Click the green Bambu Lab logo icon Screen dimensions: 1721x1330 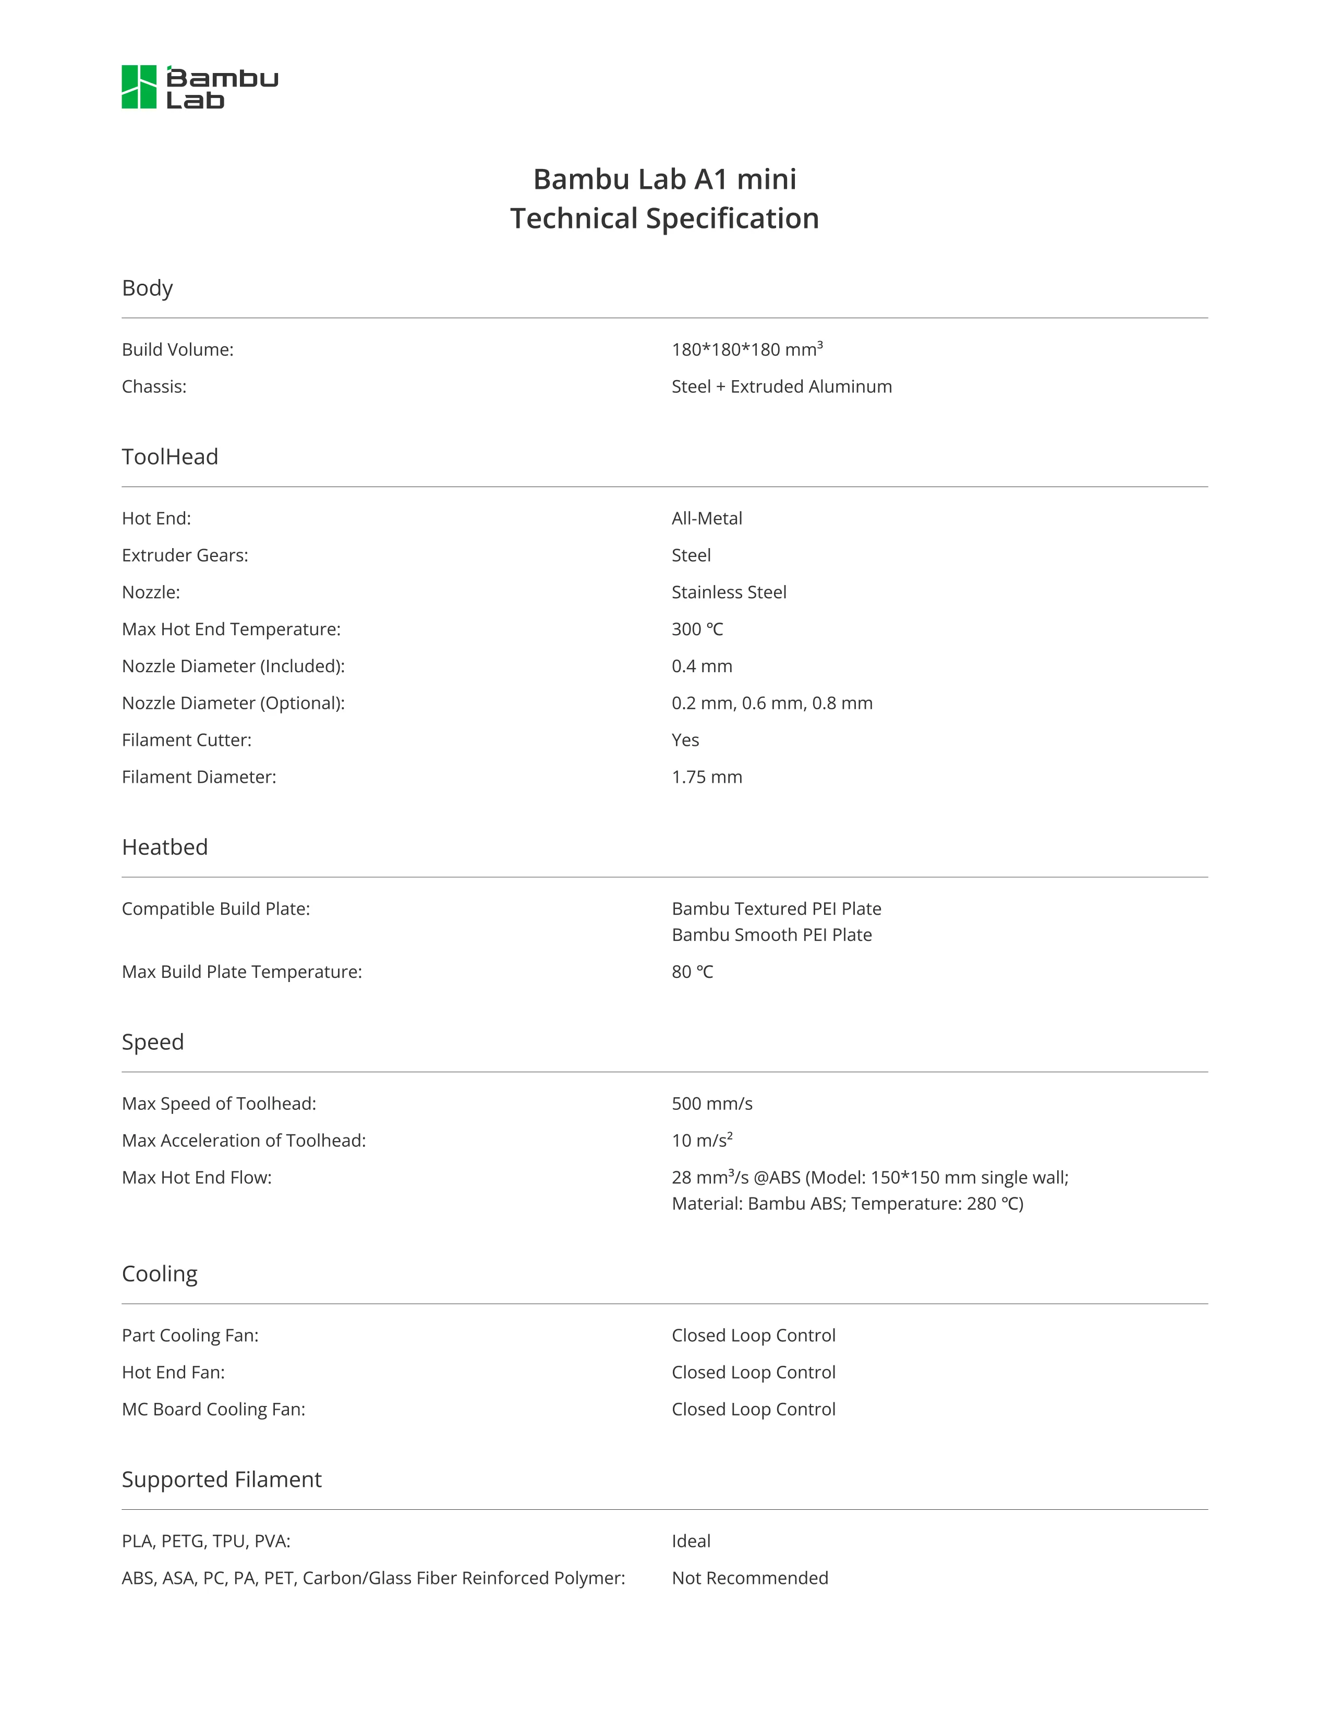139,87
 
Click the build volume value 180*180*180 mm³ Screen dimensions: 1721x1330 747,349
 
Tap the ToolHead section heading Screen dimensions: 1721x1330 170,457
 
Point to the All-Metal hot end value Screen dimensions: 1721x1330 707,518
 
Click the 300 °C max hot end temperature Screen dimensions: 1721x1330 697,629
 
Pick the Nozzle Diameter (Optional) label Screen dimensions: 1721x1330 233,703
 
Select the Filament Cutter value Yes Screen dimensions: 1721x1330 685,740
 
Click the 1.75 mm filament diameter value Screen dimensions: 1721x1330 707,777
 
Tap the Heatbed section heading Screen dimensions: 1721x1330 165,847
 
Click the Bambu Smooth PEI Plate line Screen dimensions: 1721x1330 771,936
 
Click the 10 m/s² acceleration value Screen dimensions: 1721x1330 702,1140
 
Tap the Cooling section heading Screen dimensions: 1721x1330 159,1274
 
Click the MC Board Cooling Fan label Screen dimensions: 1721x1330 213,1410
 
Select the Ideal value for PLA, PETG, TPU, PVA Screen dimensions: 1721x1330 691,1541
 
